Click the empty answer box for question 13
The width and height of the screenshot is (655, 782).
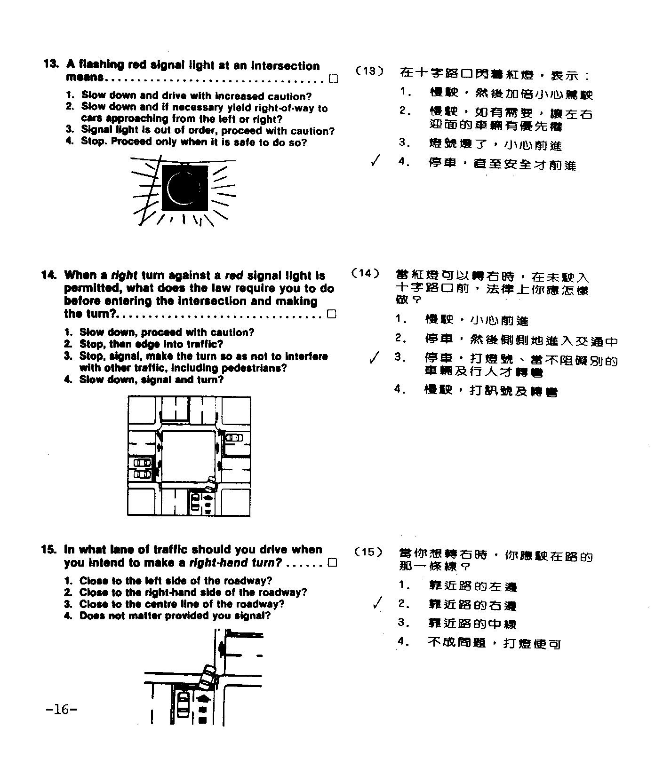click(333, 79)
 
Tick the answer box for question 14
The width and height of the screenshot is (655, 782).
click(332, 314)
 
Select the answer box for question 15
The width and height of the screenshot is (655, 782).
click(332, 563)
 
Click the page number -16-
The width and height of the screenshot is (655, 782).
click(62, 709)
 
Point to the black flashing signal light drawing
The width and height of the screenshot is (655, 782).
click(184, 188)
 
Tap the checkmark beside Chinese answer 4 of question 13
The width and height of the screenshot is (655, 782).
click(375, 161)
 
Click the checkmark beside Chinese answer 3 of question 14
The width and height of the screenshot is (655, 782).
click(374, 358)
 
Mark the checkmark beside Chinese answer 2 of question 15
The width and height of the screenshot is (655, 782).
click(376, 603)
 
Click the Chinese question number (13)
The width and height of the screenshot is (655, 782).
click(369, 71)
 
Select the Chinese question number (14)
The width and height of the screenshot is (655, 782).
click(366, 273)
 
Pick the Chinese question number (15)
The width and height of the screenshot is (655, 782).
click(368, 552)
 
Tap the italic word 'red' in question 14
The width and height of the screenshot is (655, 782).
click(234, 276)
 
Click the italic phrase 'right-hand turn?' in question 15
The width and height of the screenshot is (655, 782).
click(235, 563)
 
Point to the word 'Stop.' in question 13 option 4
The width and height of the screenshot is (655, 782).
click(94, 142)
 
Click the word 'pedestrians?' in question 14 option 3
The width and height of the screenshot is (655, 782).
click(254, 368)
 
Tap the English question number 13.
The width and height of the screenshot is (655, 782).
click(50, 64)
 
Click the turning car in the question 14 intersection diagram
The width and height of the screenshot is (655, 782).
click(211, 483)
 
